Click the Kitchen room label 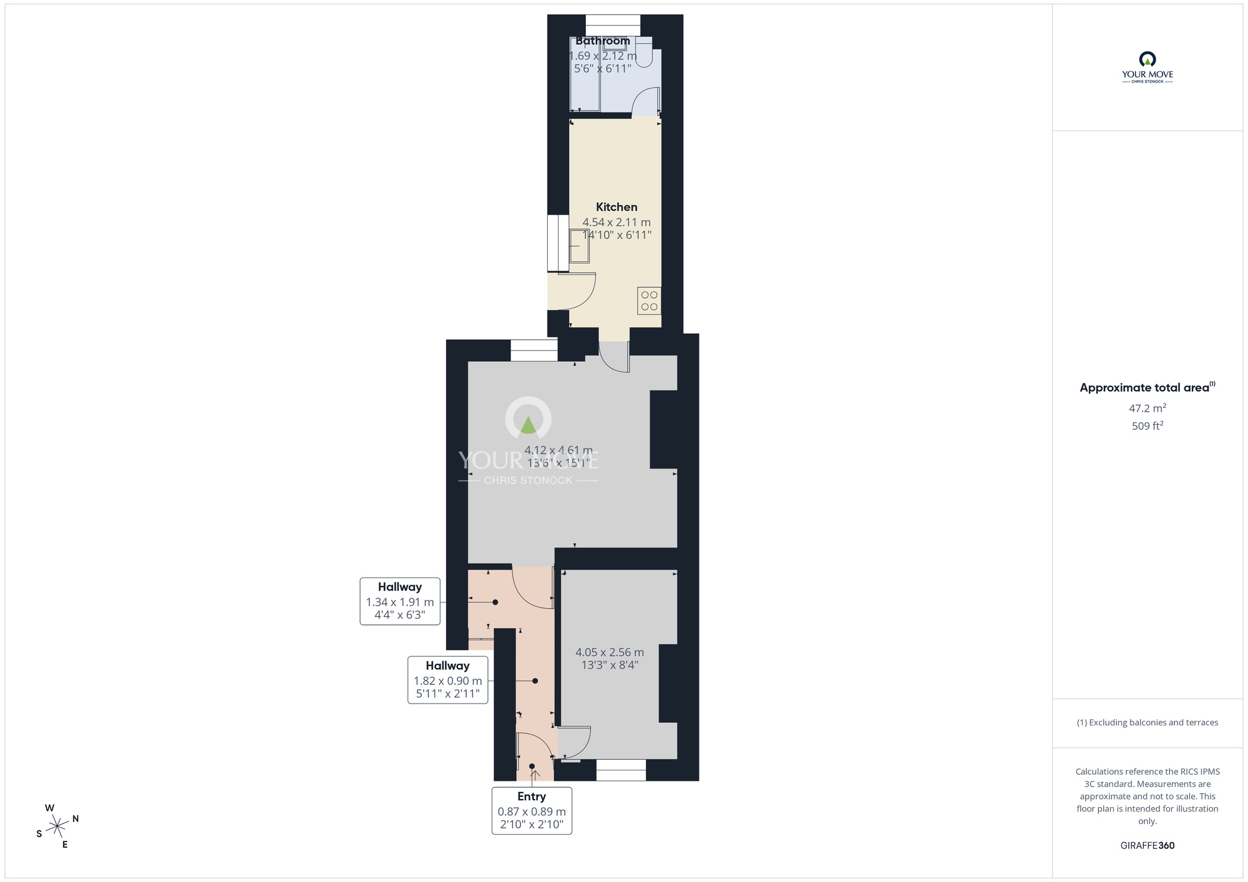tap(617, 207)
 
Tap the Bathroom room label tap(602, 41)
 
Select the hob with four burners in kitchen tap(649, 301)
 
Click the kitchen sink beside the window tap(579, 246)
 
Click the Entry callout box tap(532, 810)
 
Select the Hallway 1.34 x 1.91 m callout tap(400, 601)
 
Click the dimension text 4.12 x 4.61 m tap(558, 450)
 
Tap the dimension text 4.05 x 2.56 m tap(610, 652)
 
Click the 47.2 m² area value tap(1147, 409)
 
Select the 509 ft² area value tap(1147, 426)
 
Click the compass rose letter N tap(76, 818)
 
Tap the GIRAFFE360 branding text tap(1147, 846)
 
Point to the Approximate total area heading tap(1147, 387)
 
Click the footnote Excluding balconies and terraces tap(1147, 722)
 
